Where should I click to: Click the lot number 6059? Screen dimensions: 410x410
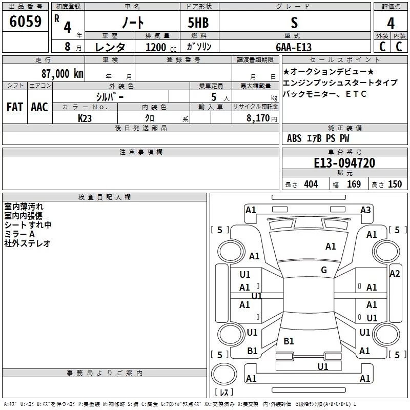point(25,22)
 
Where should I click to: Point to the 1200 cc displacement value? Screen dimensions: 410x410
point(156,47)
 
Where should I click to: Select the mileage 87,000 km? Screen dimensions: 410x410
point(62,73)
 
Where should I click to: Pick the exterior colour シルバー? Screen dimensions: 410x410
point(110,96)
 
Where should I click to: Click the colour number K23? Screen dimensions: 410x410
point(85,118)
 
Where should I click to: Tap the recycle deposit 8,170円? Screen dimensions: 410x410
point(262,118)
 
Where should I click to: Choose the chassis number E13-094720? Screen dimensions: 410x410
point(344,163)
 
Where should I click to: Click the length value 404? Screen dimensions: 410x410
point(311,184)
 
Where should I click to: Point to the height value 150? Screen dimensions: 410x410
point(395,184)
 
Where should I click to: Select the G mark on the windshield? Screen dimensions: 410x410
point(324,270)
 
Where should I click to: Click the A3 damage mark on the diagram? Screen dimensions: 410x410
point(365,210)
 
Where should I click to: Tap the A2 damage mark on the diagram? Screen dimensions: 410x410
point(395,274)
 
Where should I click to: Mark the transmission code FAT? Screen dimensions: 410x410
point(14,107)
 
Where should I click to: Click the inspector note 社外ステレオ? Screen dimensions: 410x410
point(27,243)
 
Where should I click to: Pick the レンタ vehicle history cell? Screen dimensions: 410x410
point(111,47)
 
